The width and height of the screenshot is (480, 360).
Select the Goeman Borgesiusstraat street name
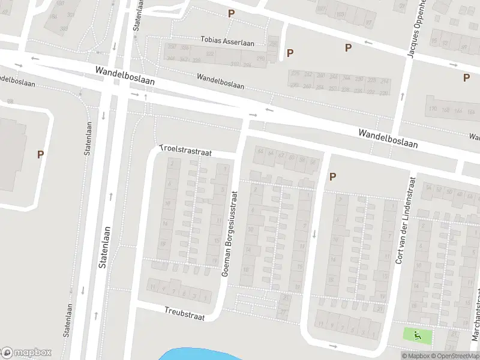coord(230,233)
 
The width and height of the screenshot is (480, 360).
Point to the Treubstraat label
coord(184,313)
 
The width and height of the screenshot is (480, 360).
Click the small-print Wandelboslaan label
coord(220,81)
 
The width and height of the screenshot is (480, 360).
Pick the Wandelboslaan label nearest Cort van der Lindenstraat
coord(388,139)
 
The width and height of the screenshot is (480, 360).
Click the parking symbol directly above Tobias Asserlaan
coord(231,13)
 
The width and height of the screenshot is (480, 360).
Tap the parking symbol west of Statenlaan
coord(41,154)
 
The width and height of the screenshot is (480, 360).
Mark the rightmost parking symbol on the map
coord(466,77)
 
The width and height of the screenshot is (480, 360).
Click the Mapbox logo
coord(26,353)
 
